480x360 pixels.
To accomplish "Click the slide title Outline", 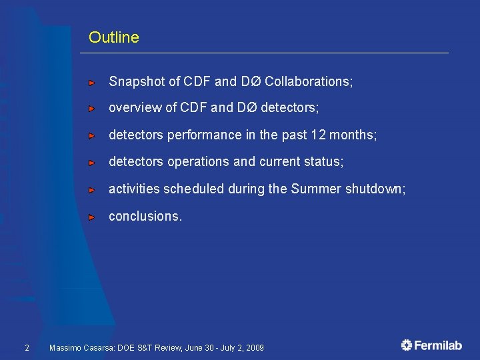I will (113, 37).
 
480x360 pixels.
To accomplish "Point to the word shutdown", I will (375, 189).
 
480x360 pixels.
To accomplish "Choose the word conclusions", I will (145, 217).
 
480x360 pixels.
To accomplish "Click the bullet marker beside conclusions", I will (92, 217).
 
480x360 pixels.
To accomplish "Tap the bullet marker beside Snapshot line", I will (92, 83).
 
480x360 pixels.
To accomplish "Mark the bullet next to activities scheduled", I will (92, 190).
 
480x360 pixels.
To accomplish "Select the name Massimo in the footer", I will (65, 348).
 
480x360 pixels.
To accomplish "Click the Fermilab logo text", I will (439, 345).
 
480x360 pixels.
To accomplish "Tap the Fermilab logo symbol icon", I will (407, 345).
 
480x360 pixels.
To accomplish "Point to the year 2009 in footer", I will (255, 348).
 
